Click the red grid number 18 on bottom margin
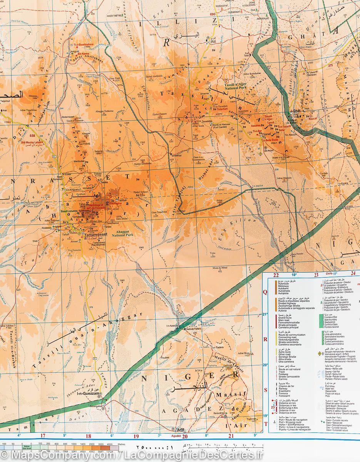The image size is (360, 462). (x=88, y=437)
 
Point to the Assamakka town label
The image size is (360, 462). (x=97, y=406)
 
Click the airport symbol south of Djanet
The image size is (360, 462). (x=260, y=154)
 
